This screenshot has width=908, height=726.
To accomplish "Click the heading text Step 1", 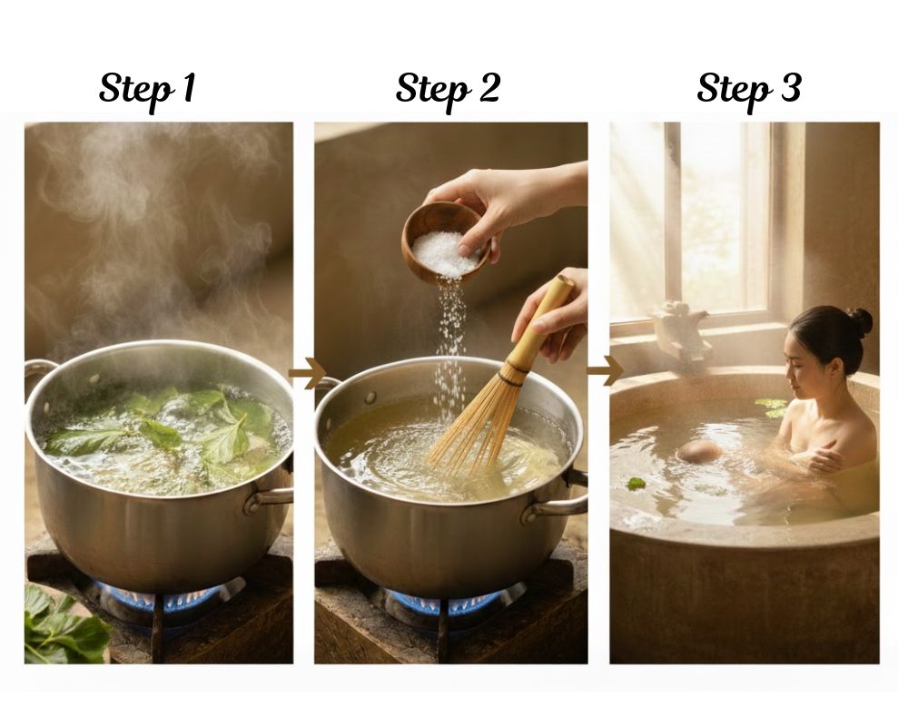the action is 147,90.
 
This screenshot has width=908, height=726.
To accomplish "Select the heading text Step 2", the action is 448,90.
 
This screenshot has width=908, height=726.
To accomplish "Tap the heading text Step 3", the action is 749,90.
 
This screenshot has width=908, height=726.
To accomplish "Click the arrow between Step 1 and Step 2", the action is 306,373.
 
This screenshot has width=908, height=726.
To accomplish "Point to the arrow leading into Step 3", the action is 605,370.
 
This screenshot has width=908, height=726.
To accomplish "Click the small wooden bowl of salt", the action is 446,243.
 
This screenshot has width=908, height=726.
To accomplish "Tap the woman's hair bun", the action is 861,321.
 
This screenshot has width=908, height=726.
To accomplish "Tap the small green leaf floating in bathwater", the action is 636,484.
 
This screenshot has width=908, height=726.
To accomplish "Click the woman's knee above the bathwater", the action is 699,451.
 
